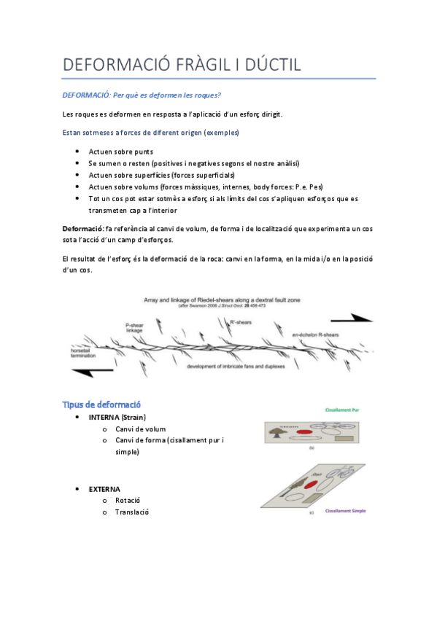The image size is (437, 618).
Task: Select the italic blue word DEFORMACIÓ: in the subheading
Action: [x=86, y=95]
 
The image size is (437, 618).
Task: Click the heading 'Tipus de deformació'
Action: [x=101, y=404]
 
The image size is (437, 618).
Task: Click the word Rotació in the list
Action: [x=127, y=500]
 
